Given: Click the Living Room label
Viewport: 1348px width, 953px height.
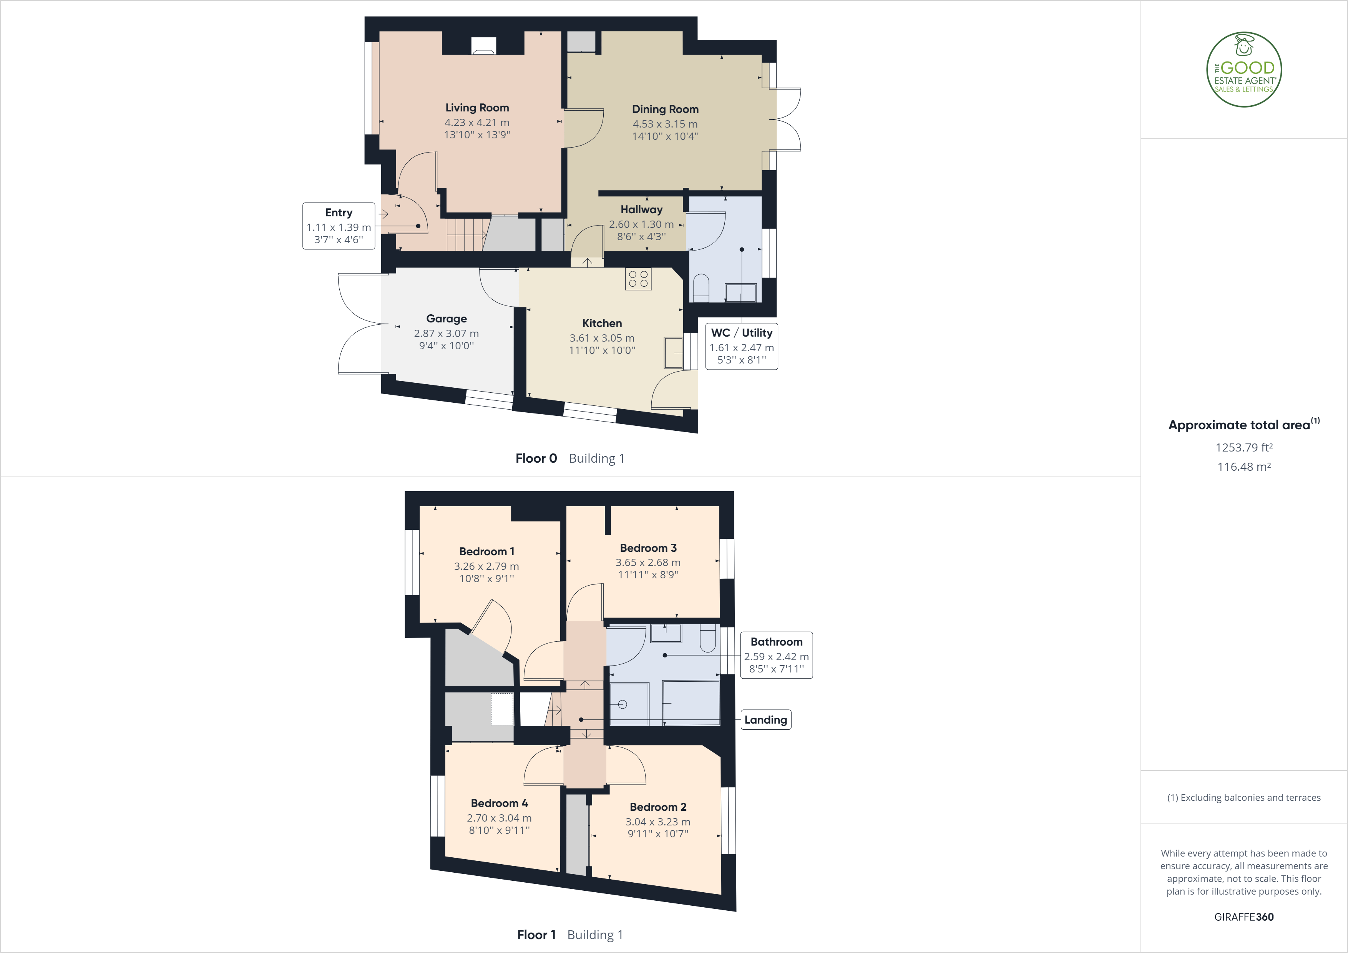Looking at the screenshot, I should click(x=477, y=108).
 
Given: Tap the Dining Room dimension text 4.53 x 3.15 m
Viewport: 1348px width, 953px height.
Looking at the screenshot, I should click(x=665, y=124).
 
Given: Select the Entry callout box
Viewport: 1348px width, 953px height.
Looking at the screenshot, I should click(x=339, y=226).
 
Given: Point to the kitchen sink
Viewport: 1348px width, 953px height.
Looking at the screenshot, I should click(x=673, y=352).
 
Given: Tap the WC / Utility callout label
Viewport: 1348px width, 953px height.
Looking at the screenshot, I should click(x=742, y=333).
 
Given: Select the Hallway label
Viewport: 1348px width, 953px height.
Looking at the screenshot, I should click(x=641, y=210).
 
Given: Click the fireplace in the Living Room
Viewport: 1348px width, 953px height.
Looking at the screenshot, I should click(x=484, y=46).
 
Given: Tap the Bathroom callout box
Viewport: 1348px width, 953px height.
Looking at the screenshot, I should click(x=776, y=655).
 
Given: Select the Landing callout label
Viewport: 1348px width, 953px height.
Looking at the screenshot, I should click(x=765, y=720).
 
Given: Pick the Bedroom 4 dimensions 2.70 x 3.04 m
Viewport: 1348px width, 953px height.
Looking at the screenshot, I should click(x=499, y=818).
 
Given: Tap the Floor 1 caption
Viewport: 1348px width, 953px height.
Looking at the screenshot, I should click(x=536, y=935).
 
